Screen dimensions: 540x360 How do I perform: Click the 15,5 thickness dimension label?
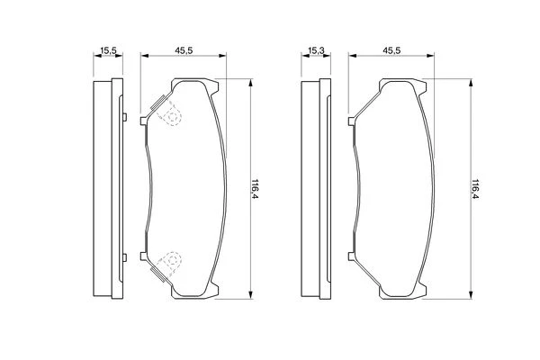click(109, 51)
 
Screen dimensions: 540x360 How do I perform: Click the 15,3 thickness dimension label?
click(316, 51)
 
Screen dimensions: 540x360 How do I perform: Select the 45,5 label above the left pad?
click(184, 50)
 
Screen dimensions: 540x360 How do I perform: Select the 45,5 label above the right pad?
click(391, 50)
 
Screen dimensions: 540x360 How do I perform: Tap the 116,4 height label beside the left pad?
click(255, 189)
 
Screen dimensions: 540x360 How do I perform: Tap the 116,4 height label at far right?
click(475, 189)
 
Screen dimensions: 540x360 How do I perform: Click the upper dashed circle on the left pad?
click(173, 116)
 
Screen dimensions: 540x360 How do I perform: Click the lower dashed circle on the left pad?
click(173, 260)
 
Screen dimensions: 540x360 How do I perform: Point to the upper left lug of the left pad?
click(144, 121)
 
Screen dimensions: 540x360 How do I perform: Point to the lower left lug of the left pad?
click(144, 256)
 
